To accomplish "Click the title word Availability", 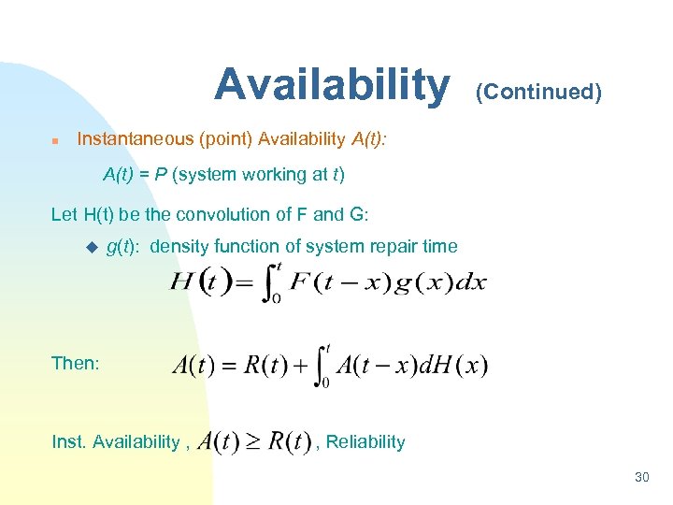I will [x=331, y=85].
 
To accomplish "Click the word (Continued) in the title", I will [x=538, y=92].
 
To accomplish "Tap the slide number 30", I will [x=641, y=478].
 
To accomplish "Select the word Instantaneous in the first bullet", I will [x=134, y=139].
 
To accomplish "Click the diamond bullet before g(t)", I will [x=91, y=247].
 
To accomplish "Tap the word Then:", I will [x=76, y=364].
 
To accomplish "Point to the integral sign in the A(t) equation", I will [x=321, y=365].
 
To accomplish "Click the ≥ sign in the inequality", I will [x=255, y=442].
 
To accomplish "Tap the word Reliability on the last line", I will [x=365, y=442].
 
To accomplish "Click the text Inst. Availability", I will [x=115, y=442].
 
